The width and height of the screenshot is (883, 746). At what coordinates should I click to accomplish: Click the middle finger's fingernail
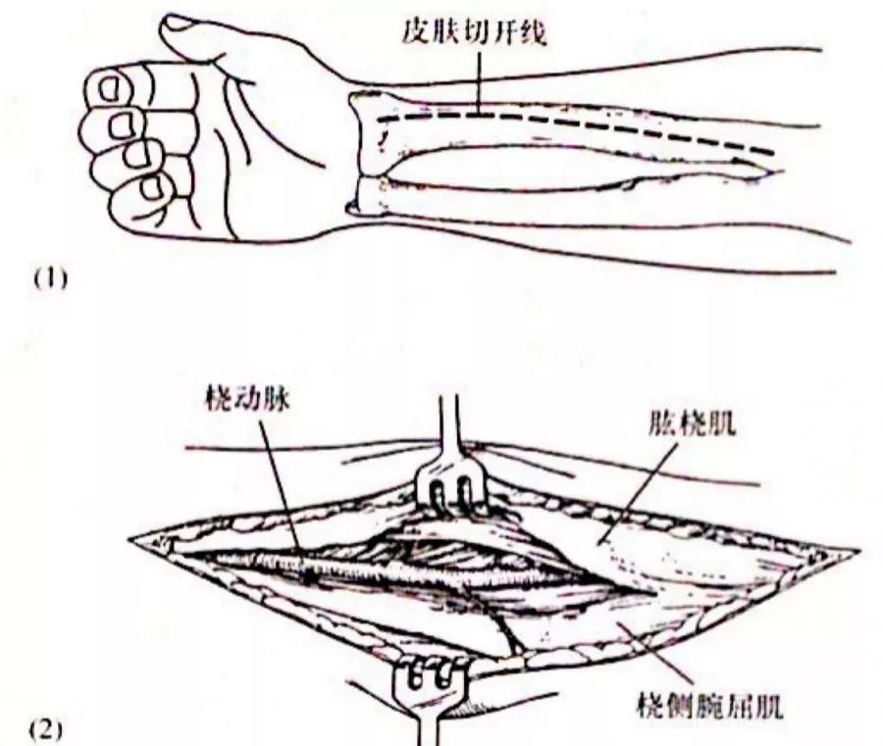click(124, 124)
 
